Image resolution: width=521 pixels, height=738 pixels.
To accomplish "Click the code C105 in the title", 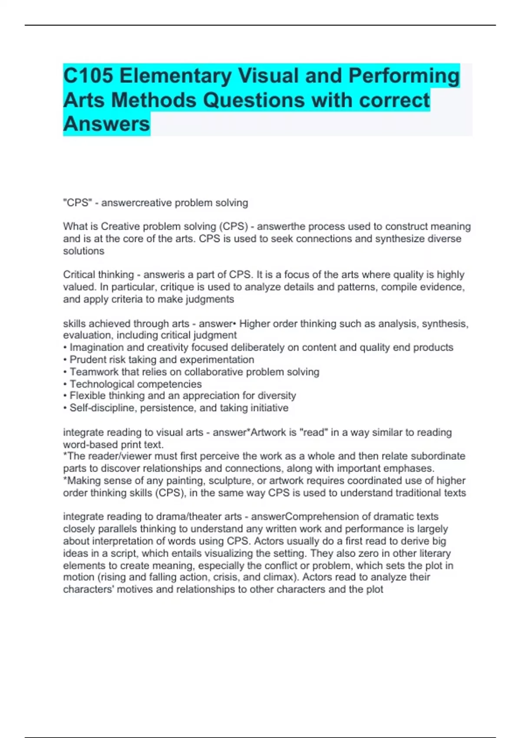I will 89,76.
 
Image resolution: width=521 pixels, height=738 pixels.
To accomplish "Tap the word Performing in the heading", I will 404,76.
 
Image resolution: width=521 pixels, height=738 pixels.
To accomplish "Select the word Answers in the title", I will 106,124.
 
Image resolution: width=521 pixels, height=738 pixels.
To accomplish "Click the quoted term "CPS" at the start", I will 76,203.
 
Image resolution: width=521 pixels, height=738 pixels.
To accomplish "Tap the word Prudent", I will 87,359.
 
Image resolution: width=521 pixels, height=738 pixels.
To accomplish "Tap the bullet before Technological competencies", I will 65,384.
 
